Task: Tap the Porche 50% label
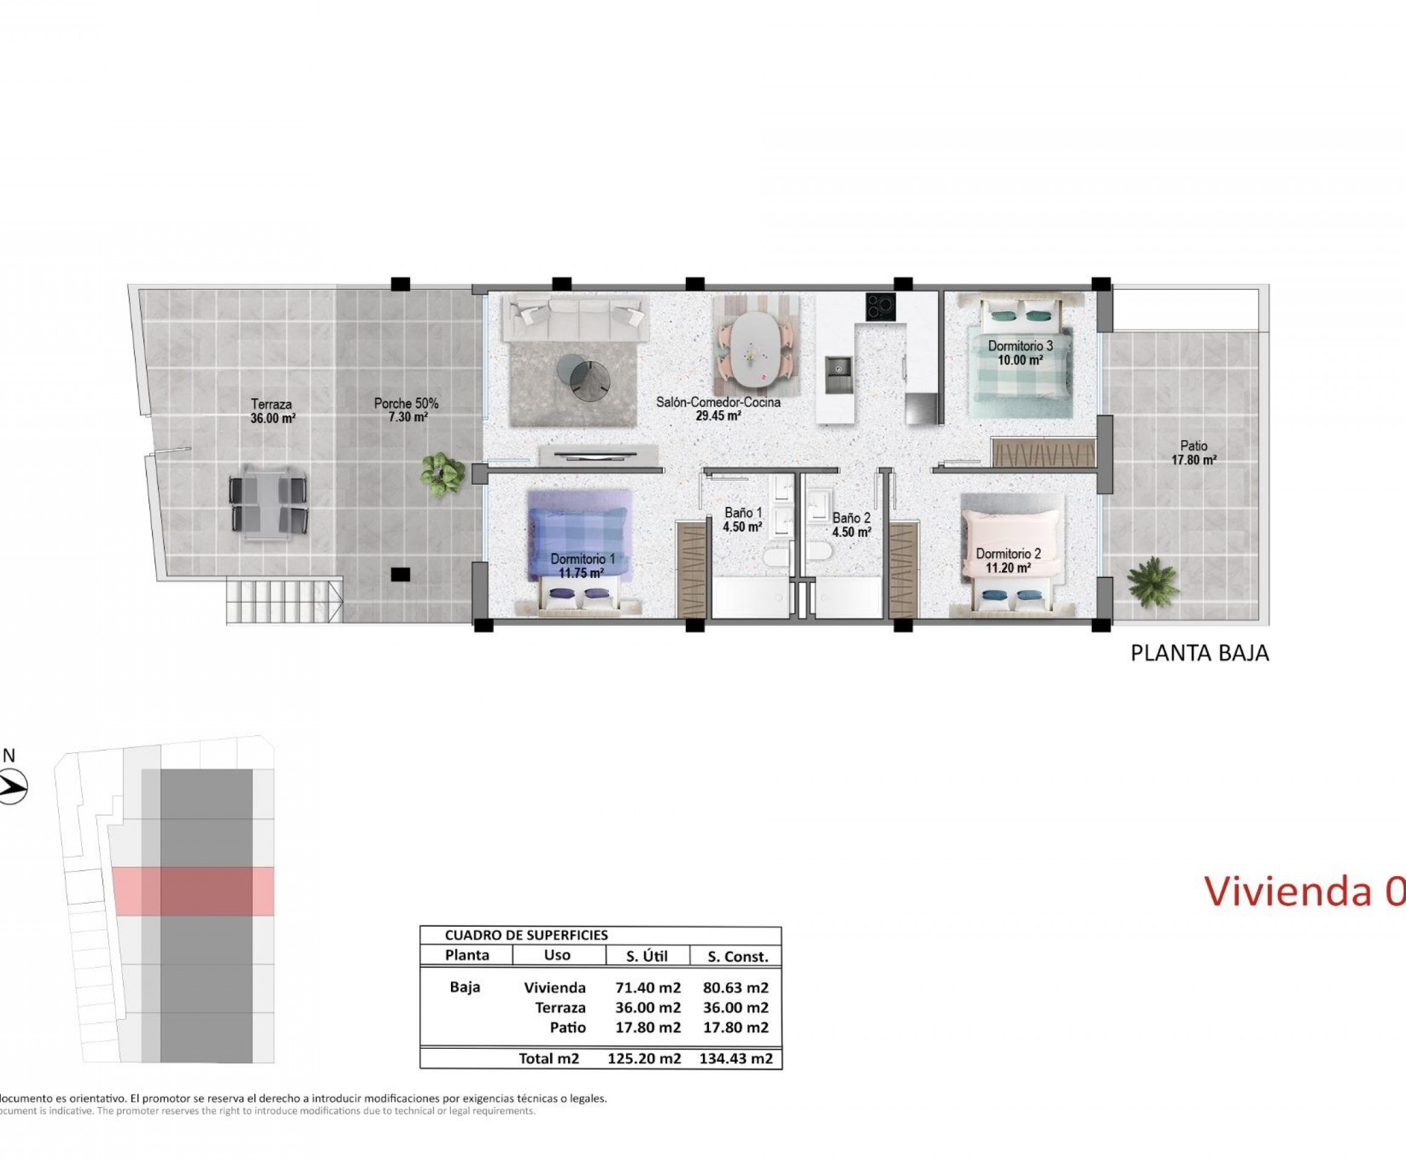tap(406, 410)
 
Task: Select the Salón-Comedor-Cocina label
tap(718, 409)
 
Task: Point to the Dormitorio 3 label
tap(1020, 353)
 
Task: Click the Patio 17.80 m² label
tap(1194, 452)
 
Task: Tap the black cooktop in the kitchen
tap(881, 307)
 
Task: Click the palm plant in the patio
tap(1152, 581)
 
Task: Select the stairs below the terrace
tap(283, 601)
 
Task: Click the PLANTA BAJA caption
tap(1199, 653)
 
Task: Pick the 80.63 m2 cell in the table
tap(735, 988)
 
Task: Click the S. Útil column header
tap(647, 957)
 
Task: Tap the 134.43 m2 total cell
tap(735, 1059)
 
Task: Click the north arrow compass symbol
tap(12, 787)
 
